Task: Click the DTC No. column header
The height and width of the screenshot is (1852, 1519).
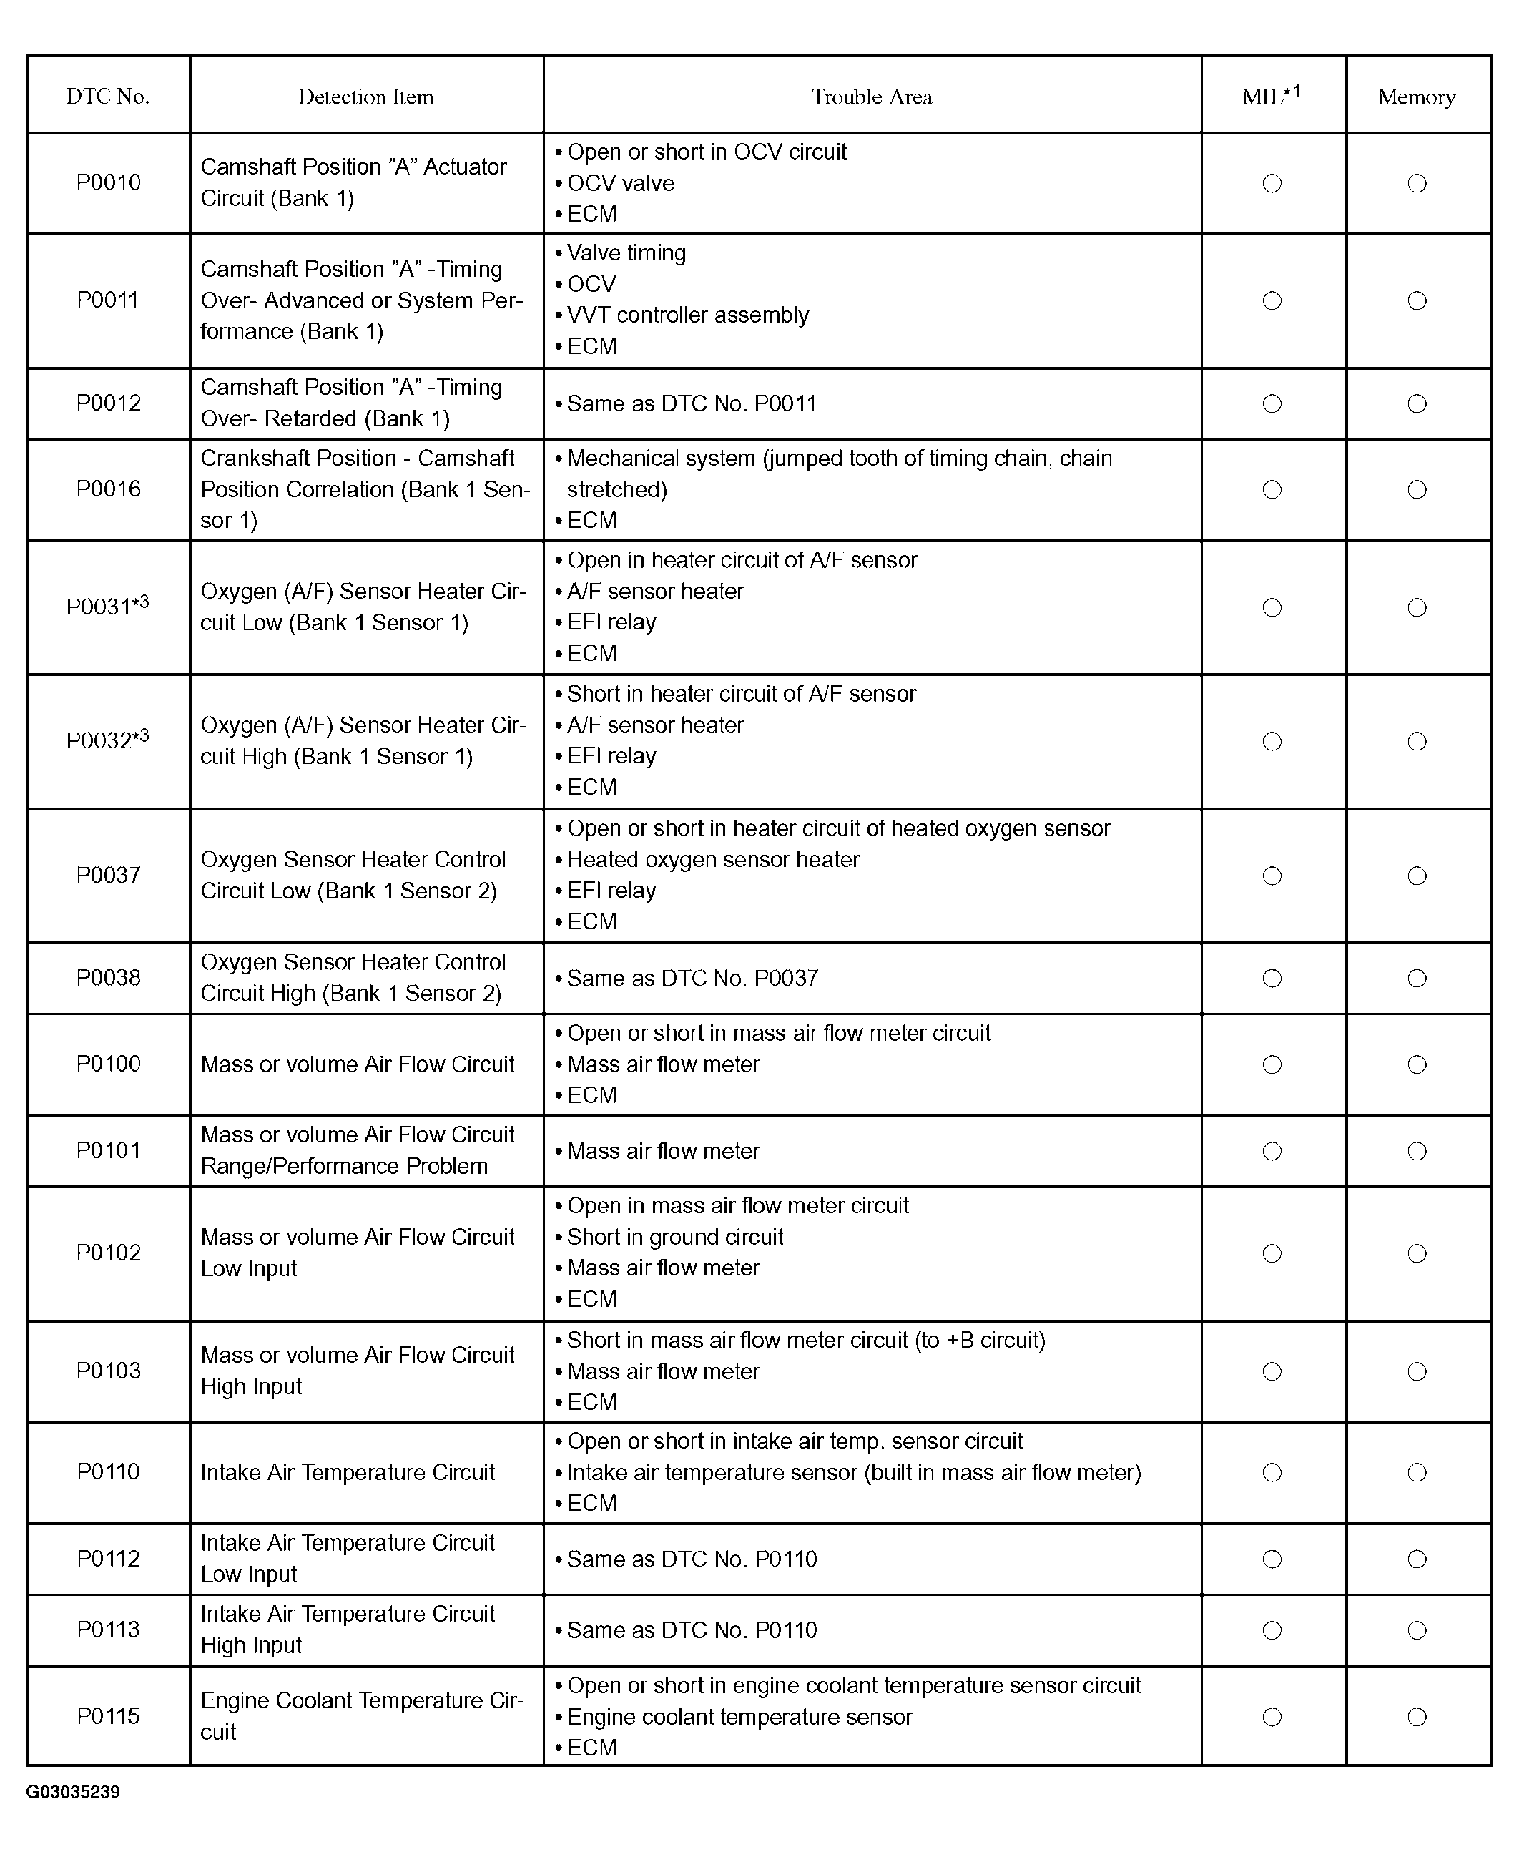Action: point(107,97)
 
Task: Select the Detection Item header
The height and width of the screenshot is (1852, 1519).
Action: point(365,97)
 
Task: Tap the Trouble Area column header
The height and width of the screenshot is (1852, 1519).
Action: point(872,97)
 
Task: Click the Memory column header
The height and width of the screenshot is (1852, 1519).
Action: point(1417,97)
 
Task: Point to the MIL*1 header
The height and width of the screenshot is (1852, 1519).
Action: point(1272,95)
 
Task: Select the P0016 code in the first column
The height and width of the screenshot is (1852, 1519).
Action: point(109,489)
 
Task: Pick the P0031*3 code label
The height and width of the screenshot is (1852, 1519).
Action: point(107,606)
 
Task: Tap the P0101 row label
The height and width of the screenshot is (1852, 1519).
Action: point(109,1150)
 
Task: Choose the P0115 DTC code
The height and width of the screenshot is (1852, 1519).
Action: point(109,1715)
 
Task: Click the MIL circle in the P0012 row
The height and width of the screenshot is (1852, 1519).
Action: point(1272,403)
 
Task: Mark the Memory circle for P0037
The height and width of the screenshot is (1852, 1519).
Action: point(1417,876)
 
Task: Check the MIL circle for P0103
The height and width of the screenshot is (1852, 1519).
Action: point(1272,1371)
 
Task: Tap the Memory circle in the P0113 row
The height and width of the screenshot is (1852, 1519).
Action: point(1417,1630)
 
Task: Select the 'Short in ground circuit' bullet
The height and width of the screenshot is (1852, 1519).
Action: point(674,1237)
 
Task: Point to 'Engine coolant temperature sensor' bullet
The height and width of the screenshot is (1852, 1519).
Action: point(739,1716)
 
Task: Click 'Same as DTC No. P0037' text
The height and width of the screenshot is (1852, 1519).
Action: point(692,978)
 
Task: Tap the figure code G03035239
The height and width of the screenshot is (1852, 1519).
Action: point(73,1793)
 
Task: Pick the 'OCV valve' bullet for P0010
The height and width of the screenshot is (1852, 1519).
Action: point(620,183)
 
